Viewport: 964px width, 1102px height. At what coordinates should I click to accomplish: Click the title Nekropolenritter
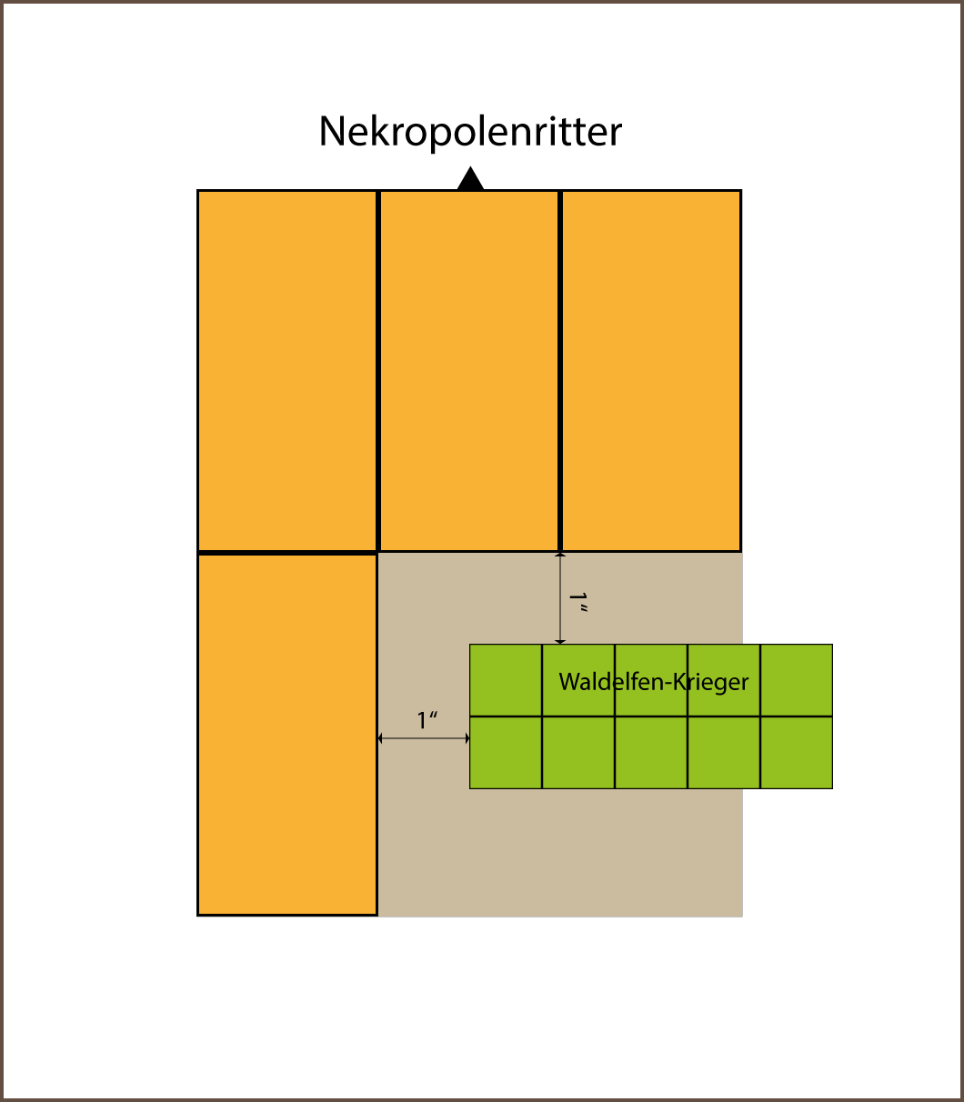[x=470, y=132]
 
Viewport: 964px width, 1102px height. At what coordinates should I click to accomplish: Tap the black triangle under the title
[x=470, y=179]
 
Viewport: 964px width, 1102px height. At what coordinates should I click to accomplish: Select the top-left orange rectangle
[x=287, y=371]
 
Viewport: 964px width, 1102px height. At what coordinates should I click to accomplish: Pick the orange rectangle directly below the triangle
[x=469, y=371]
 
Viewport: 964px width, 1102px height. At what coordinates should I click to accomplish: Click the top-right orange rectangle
[x=651, y=371]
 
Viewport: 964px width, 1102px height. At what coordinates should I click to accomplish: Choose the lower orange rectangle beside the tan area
[x=287, y=735]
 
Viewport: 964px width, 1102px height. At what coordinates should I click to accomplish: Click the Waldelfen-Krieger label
[x=653, y=682]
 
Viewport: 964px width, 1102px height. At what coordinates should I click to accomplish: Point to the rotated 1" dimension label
[x=578, y=602]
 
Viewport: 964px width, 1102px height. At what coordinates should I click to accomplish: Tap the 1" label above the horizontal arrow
[x=427, y=720]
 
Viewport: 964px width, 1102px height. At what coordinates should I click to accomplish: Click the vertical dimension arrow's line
[x=560, y=598]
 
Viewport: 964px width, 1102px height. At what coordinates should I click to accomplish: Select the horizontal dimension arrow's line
[x=424, y=738]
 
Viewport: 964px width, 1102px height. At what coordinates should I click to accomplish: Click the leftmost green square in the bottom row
[x=506, y=753]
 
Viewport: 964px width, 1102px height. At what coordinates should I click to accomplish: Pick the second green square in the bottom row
[x=578, y=753]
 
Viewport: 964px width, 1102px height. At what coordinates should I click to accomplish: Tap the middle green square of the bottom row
[x=651, y=753]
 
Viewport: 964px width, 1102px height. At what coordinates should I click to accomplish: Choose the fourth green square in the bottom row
[x=724, y=753]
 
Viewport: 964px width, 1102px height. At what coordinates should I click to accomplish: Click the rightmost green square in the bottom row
[x=797, y=753]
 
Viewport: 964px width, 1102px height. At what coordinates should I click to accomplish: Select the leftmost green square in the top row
[x=506, y=680]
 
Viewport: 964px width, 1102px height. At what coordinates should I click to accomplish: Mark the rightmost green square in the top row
[x=797, y=680]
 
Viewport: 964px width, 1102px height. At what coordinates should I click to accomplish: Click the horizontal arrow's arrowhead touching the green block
[x=467, y=738]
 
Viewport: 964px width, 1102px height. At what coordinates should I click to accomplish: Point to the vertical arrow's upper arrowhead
[x=560, y=555]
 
